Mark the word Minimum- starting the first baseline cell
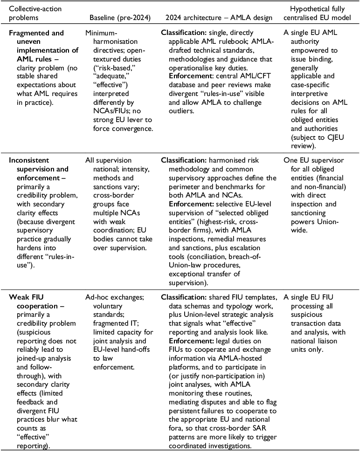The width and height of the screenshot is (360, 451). point(103,34)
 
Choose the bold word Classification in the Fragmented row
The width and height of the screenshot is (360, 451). point(181,34)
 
